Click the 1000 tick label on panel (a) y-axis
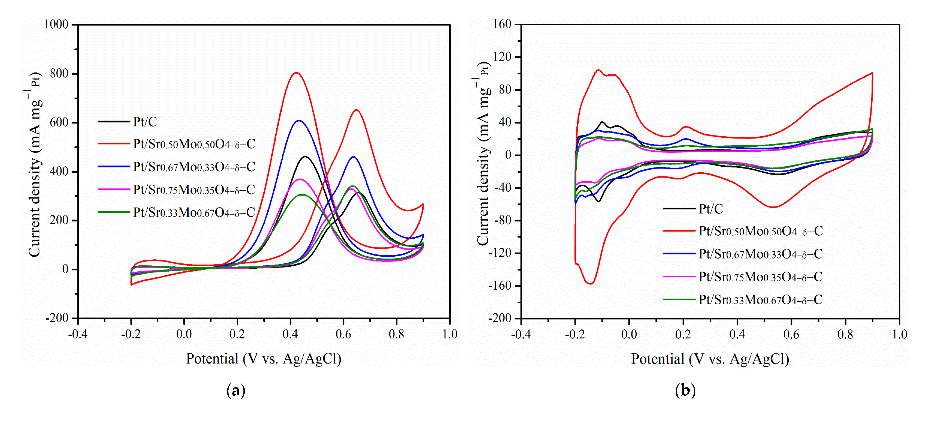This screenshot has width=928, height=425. click(x=56, y=25)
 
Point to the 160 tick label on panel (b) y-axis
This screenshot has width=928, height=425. click(x=502, y=24)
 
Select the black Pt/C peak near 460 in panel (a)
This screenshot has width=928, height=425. click(x=306, y=157)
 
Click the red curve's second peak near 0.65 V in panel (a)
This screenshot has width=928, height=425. click(x=356, y=110)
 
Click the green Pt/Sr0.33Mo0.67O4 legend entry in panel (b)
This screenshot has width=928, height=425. click(x=760, y=300)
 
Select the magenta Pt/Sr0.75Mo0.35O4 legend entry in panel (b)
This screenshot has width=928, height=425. click(x=760, y=277)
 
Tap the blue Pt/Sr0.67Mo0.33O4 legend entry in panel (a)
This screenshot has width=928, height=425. click(x=194, y=167)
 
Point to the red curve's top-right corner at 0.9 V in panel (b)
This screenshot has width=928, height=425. click(x=872, y=73)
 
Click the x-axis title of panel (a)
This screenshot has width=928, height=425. click(x=263, y=359)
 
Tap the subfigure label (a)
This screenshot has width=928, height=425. click(x=236, y=390)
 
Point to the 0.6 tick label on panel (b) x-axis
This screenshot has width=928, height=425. click(x=791, y=334)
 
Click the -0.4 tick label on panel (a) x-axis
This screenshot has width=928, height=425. click(x=77, y=334)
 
